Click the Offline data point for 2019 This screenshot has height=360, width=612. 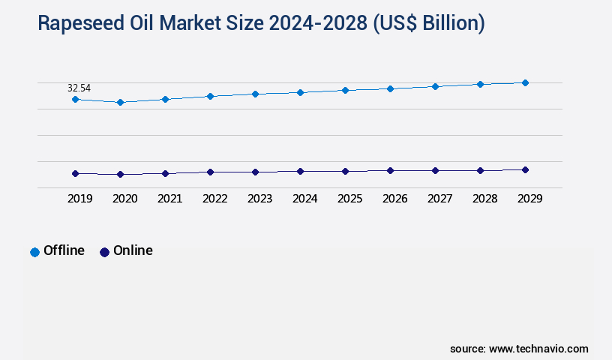pyautogui.click(x=75, y=99)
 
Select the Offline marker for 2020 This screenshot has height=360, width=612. pyautogui.click(x=120, y=102)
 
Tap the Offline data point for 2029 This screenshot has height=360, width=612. pyautogui.click(x=525, y=82)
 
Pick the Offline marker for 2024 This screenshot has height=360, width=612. pyautogui.click(x=300, y=92)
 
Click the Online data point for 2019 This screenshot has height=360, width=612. pyautogui.click(x=75, y=173)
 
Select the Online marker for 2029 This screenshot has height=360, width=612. pyautogui.click(x=525, y=169)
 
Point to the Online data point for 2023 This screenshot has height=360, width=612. pyautogui.click(x=255, y=172)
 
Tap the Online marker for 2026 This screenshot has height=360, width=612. pyautogui.click(x=390, y=170)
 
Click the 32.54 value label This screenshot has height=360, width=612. pyautogui.click(x=79, y=88)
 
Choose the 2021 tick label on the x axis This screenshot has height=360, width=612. pyautogui.click(x=169, y=199)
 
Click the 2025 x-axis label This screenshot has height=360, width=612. pyautogui.click(x=349, y=199)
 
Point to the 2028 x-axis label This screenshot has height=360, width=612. pyautogui.click(x=484, y=199)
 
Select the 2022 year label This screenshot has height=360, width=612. pyautogui.click(x=214, y=199)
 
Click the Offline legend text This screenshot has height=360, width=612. pyautogui.click(x=64, y=250)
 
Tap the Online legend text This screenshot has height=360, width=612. pyautogui.click(x=133, y=250)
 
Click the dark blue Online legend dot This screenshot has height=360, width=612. pyautogui.click(x=104, y=252)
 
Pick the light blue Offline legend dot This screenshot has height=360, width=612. pyautogui.click(x=34, y=252)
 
